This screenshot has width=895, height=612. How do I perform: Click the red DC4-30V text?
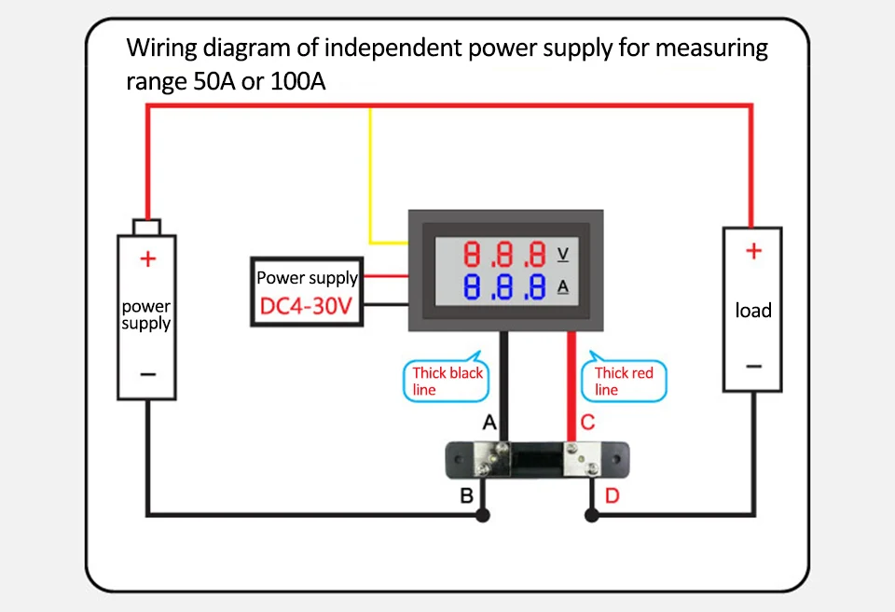coord(306,307)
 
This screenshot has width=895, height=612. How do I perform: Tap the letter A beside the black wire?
coord(489,424)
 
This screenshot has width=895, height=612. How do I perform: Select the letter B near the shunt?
coord(467,495)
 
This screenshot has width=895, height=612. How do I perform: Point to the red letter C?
coord(587,424)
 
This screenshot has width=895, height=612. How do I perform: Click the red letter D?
coord(612,495)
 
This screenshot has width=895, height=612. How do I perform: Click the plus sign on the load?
coord(753,251)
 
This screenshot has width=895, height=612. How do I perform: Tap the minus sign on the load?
coord(753,366)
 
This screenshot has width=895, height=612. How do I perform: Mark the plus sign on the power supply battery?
coord(146,259)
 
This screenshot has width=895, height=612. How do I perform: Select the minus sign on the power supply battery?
coord(146,375)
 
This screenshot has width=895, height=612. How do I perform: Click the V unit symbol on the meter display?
coord(562,254)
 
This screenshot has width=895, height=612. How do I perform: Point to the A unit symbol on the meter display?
coord(562,286)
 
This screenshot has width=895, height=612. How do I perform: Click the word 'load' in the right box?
coord(753,311)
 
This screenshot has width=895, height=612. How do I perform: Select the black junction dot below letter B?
coord(482,514)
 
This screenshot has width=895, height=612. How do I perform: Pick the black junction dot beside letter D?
coord(591,514)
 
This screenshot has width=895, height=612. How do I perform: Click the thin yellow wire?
coord(371,177)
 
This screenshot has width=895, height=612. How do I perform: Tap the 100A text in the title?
coord(297,81)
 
